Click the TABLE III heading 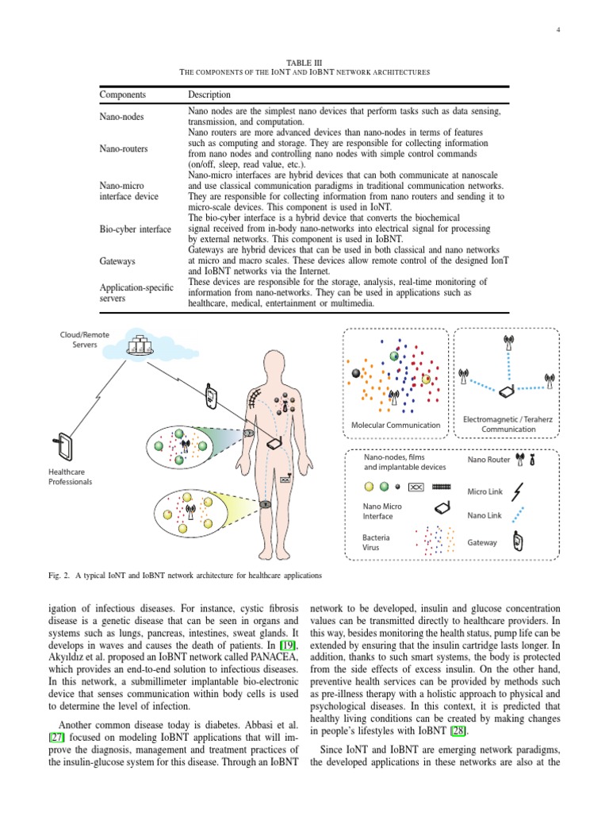(304, 62)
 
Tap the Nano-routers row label (123, 148)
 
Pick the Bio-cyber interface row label (135, 229)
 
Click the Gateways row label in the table (117, 260)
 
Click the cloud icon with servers (142, 345)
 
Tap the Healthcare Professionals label (71, 476)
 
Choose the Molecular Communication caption (395, 425)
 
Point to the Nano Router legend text (488, 460)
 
